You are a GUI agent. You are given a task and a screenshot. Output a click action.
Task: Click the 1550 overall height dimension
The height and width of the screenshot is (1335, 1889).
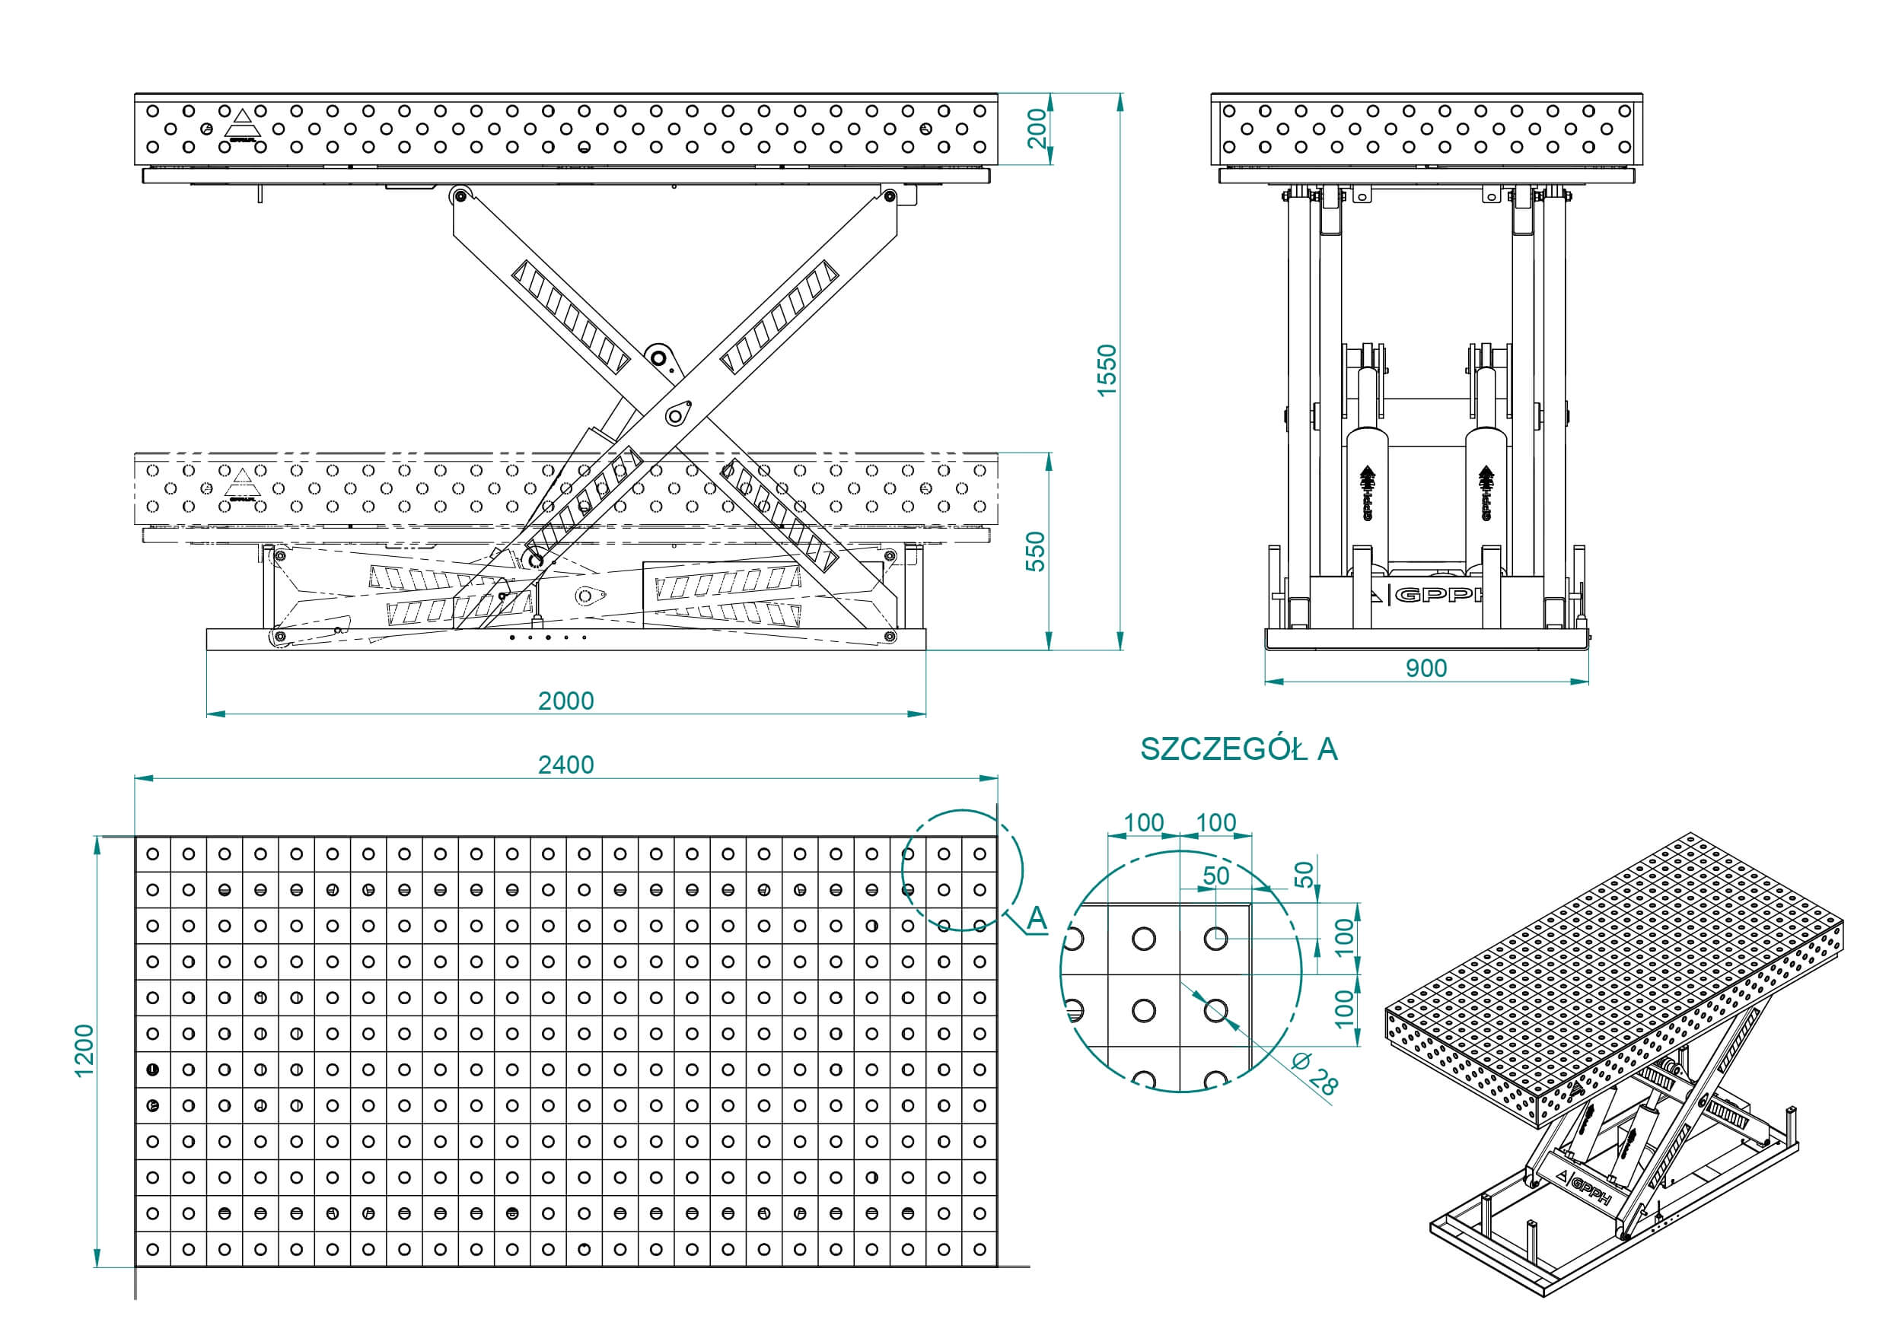click(x=1107, y=370)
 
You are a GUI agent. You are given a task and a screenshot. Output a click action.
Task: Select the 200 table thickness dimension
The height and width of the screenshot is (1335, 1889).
click(x=1037, y=129)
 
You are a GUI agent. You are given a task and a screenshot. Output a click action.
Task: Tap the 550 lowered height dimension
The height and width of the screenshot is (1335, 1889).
click(x=1035, y=550)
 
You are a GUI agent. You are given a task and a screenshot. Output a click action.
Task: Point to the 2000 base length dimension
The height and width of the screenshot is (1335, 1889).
click(x=565, y=701)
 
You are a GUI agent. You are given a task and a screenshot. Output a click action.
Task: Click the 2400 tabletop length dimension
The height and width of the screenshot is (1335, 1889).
click(x=565, y=765)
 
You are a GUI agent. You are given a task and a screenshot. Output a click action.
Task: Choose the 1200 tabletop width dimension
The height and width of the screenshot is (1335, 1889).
click(x=84, y=1051)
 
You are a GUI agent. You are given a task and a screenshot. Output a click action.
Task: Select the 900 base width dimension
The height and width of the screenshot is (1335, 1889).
click(x=1426, y=668)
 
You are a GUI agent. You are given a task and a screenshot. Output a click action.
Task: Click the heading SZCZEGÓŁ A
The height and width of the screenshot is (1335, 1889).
click(x=1238, y=749)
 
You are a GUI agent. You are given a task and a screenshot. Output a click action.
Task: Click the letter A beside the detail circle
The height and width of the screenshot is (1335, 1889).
click(x=1037, y=918)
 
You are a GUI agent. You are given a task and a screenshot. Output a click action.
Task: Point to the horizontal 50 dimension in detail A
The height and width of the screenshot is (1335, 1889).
click(x=1216, y=876)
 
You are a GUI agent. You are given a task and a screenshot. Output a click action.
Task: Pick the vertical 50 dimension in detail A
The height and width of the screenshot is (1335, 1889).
click(x=1303, y=874)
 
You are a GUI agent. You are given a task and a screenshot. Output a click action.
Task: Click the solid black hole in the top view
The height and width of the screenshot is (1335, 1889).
click(x=152, y=1070)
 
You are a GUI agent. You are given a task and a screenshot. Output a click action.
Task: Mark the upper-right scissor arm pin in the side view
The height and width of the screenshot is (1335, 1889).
click(x=887, y=195)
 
